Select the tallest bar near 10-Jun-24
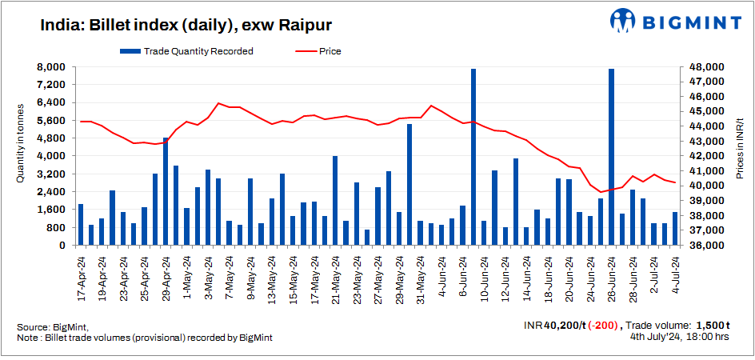coord(473,157)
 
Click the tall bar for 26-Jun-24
coord(611,157)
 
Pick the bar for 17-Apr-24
coord(81,225)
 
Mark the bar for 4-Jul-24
coord(675,229)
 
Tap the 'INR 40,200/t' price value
coord(554,326)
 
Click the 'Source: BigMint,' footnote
coord(53,327)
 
